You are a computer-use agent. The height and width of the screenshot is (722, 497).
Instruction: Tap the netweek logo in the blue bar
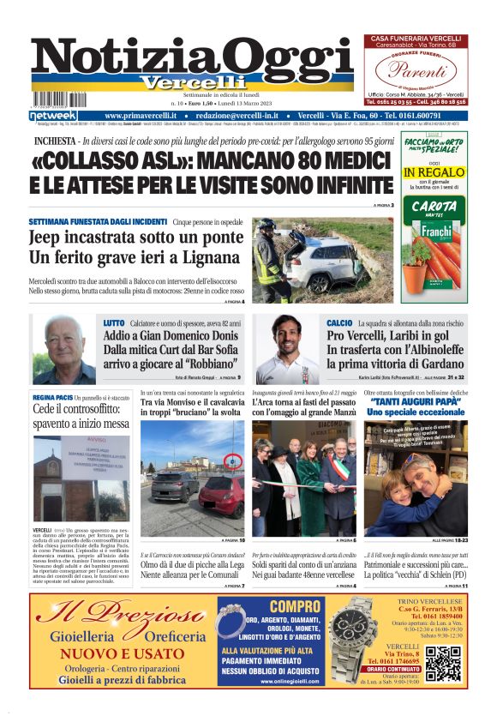click(x=53, y=115)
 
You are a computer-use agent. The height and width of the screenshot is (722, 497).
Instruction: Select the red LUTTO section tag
click(x=114, y=322)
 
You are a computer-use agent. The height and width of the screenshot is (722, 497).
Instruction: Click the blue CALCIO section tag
click(x=340, y=322)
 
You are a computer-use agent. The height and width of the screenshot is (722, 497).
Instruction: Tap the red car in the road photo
click(x=220, y=496)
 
